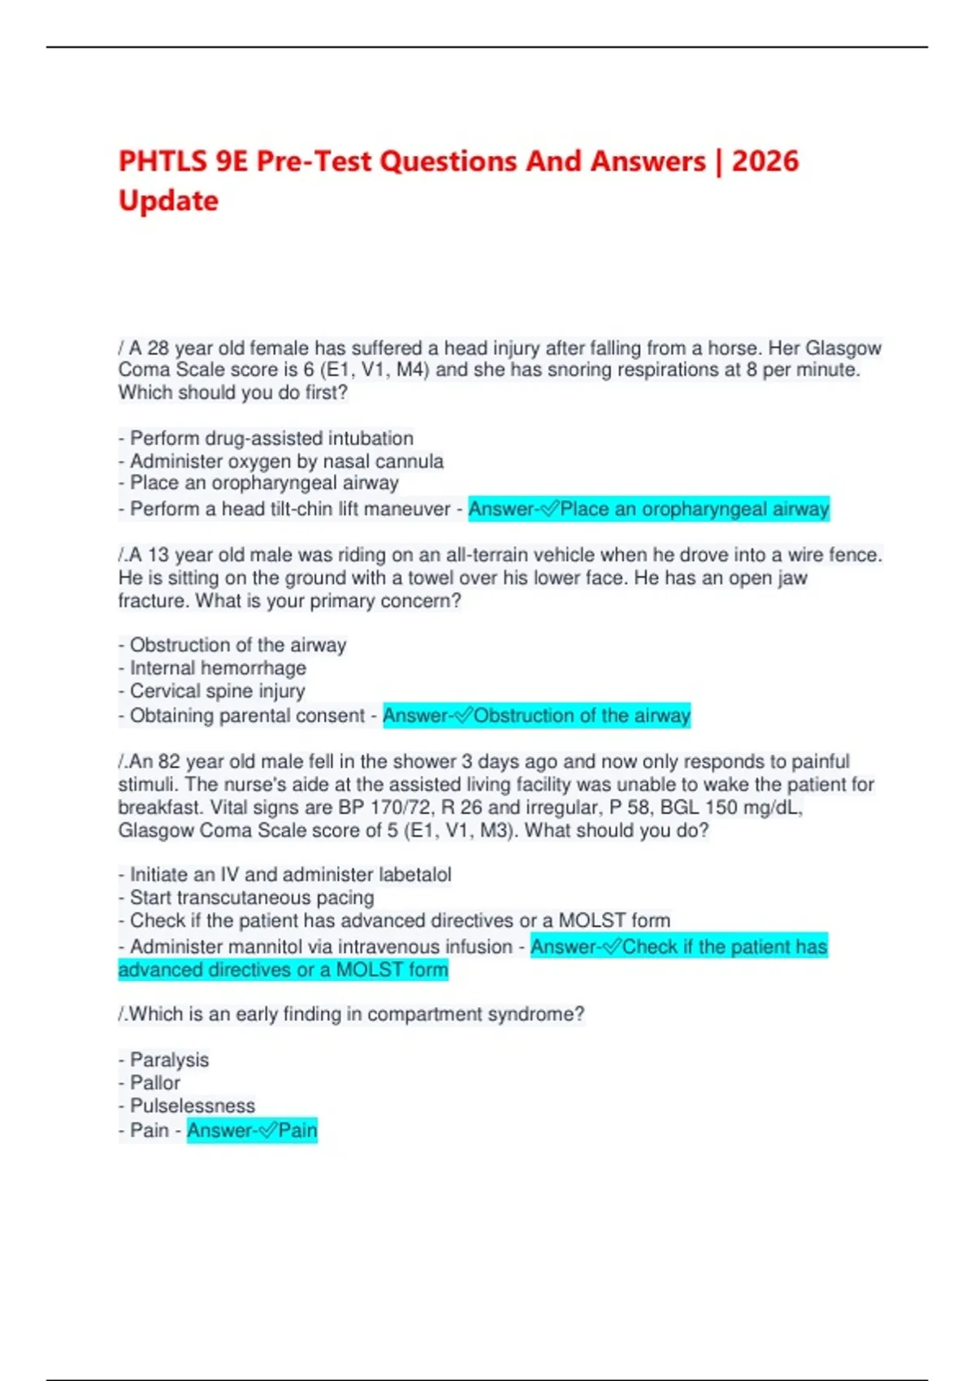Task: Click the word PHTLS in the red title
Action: [163, 161]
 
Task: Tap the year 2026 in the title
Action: [765, 161]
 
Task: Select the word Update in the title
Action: [168, 201]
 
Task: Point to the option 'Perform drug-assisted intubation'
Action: [271, 438]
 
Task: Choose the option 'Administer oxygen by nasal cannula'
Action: [286, 461]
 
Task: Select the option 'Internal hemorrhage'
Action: [218, 668]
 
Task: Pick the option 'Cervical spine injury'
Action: [217, 690]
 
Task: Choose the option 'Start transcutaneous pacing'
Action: [252, 898]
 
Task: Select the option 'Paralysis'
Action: [169, 1060]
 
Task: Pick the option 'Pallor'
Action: [155, 1083]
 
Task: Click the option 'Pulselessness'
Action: [192, 1106]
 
